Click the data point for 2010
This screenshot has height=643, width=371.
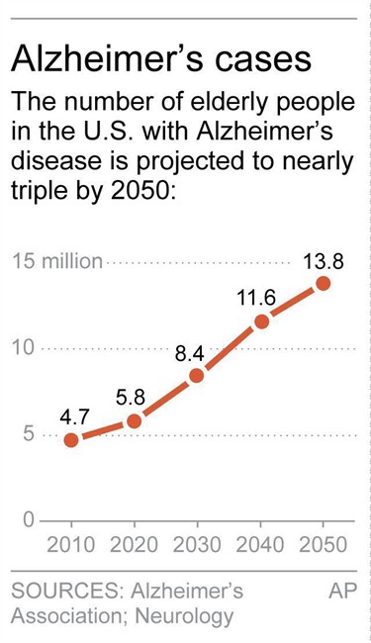coord(71,440)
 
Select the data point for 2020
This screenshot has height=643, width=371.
coord(134,421)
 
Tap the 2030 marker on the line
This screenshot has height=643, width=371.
coord(197,376)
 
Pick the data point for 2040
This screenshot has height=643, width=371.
coord(261,321)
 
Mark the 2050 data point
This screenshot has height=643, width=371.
coord(324,283)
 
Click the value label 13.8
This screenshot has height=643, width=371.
coord(324,262)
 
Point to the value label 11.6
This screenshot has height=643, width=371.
coord(257,299)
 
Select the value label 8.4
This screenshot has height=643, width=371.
coord(189,354)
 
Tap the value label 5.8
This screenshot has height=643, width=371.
coord(131,399)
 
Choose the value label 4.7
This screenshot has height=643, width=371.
coord(74,417)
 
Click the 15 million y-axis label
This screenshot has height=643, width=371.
coord(57,261)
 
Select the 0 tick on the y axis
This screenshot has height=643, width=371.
coord(28,520)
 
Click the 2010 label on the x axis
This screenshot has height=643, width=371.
coord(71,545)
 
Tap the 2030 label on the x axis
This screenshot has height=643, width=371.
coord(197,545)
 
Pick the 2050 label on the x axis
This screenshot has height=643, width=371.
coord(324,545)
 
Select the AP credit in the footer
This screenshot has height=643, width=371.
coord(342,592)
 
